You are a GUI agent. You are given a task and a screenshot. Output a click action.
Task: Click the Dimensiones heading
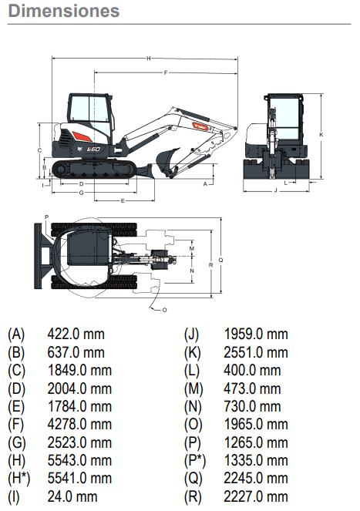pos(64,11)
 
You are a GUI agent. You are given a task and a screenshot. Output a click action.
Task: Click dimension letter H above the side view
pos(149,59)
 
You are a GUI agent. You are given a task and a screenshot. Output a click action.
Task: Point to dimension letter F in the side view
pos(166,72)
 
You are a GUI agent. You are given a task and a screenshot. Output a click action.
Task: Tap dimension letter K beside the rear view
pos(321,135)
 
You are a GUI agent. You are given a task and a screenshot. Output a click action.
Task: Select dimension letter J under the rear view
pos(276,190)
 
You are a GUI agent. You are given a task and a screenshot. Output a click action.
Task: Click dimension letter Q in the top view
pos(220,260)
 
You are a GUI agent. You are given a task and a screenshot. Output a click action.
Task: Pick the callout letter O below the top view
pos(164,310)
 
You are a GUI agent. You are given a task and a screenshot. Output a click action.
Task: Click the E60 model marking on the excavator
pos(93,150)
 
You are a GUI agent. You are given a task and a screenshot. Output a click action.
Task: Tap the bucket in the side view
pos(167,160)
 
